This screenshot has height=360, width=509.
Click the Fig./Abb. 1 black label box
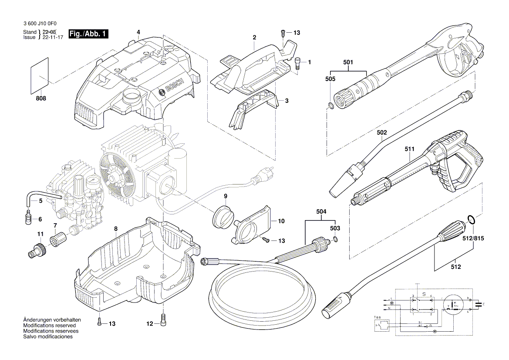(89, 34)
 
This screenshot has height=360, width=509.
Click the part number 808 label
(40, 98)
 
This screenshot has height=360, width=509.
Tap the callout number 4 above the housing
(138, 32)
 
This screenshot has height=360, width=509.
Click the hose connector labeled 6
(29, 216)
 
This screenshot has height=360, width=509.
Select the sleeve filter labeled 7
(58, 239)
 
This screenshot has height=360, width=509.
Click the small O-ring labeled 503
(334, 239)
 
